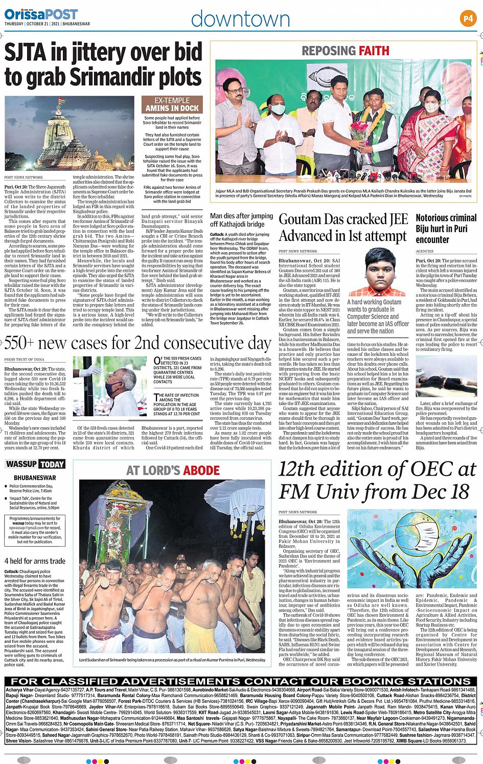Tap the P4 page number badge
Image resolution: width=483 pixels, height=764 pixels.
(x=468, y=18)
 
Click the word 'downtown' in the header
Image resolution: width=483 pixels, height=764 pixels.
(x=240, y=19)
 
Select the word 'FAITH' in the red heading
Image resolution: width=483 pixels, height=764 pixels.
(x=373, y=51)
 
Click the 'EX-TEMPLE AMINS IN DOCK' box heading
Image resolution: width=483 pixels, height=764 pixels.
(x=172, y=105)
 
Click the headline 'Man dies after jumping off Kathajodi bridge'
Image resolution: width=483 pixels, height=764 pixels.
(x=241, y=220)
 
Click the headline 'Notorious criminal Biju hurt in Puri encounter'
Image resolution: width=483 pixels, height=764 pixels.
(x=446, y=229)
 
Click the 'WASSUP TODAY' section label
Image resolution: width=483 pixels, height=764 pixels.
(x=35, y=464)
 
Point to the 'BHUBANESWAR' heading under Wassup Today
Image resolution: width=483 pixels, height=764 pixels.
(x=35, y=478)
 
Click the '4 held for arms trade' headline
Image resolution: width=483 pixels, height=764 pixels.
(x=35, y=561)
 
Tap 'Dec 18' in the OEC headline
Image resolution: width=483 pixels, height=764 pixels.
(x=444, y=492)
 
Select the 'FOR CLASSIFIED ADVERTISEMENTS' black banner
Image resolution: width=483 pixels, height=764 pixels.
(x=241, y=681)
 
